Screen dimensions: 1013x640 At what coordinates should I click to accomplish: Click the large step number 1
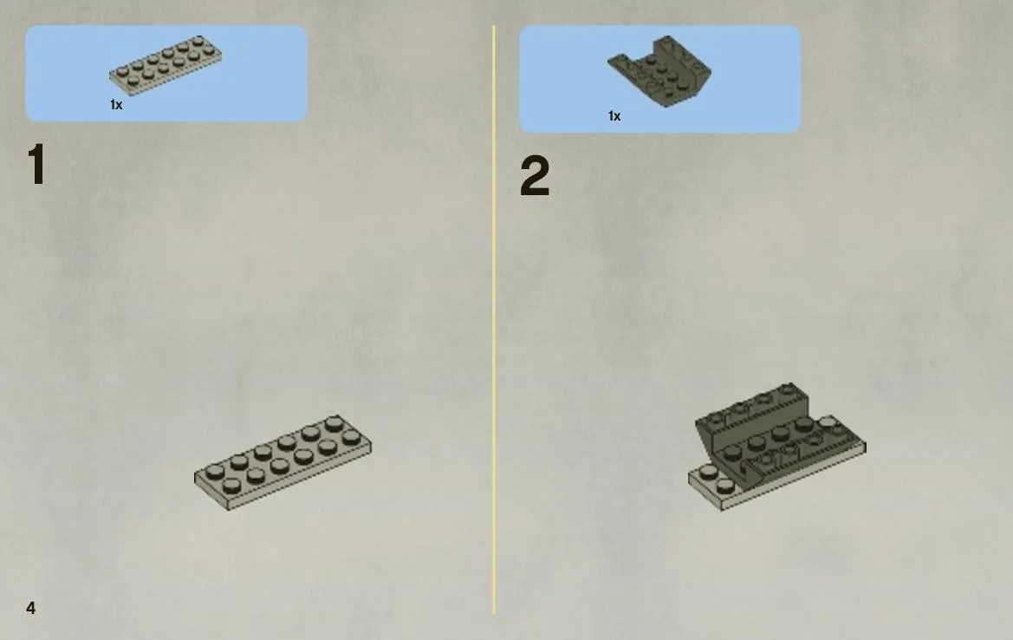click(36, 165)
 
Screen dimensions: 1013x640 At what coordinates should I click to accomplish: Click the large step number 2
click(535, 176)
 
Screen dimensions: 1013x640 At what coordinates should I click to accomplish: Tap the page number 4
click(30, 608)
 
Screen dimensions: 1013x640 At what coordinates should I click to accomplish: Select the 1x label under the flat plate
click(116, 105)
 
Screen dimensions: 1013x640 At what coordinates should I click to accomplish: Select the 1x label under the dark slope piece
click(614, 115)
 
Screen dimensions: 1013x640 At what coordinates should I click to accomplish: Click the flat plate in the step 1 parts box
click(166, 65)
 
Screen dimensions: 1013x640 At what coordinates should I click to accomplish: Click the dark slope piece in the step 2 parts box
click(659, 70)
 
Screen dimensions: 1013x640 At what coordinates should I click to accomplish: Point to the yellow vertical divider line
click(494, 319)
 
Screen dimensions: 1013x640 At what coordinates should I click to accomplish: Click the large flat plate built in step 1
click(283, 462)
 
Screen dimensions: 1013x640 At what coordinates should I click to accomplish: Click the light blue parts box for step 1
click(166, 73)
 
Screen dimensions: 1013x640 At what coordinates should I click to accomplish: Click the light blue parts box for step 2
click(659, 79)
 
